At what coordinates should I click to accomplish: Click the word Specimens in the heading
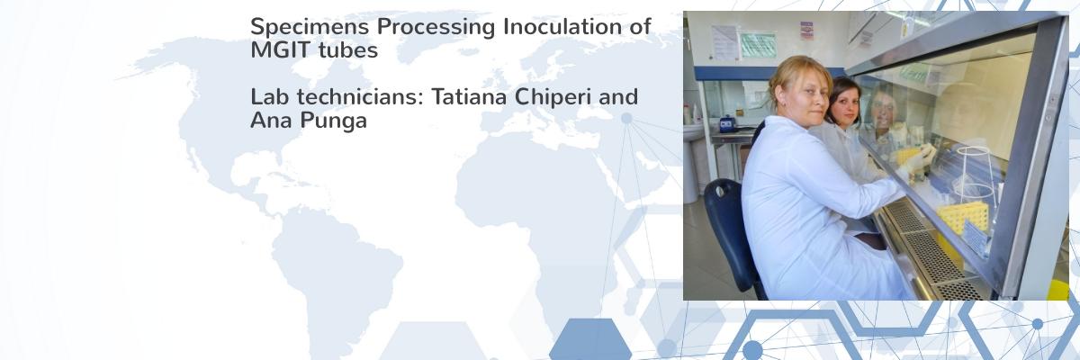coord(310,27)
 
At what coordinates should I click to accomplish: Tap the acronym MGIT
coord(280,49)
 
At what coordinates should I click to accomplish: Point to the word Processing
coord(436,27)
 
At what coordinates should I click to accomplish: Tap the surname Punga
coord(333,121)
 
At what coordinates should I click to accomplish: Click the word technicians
coord(360,96)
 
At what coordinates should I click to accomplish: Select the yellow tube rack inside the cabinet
coord(963,218)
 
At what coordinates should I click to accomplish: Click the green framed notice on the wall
coord(758,45)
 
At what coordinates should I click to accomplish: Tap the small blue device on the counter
coord(727,124)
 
